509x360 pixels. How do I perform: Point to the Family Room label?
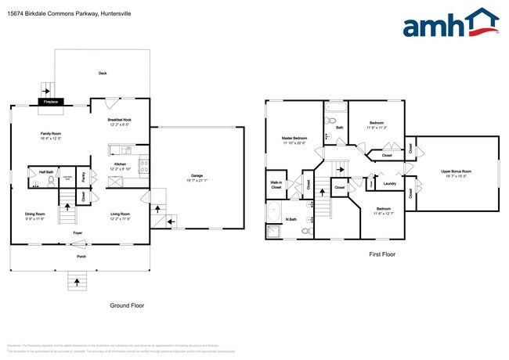[52, 134]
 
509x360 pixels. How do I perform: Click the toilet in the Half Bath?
[50, 182]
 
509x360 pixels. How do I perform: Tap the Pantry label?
[84, 176]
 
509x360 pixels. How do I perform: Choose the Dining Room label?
[35, 214]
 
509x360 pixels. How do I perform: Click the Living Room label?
[120, 214]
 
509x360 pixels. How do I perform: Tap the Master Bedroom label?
[294, 138]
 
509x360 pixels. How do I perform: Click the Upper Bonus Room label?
[456, 171]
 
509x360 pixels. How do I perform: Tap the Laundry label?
[388, 184]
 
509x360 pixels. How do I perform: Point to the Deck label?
[103, 73]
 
